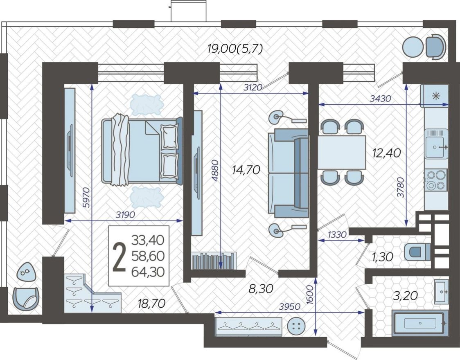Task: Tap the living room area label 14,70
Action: [x=246, y=170]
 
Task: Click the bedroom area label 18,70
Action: [x=152, y=303]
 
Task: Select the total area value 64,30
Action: [x=148, y=272]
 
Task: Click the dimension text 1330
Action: [x=338, y=234]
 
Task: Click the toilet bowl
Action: [x=417, y=252]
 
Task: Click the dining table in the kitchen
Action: [x=342, y=152]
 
